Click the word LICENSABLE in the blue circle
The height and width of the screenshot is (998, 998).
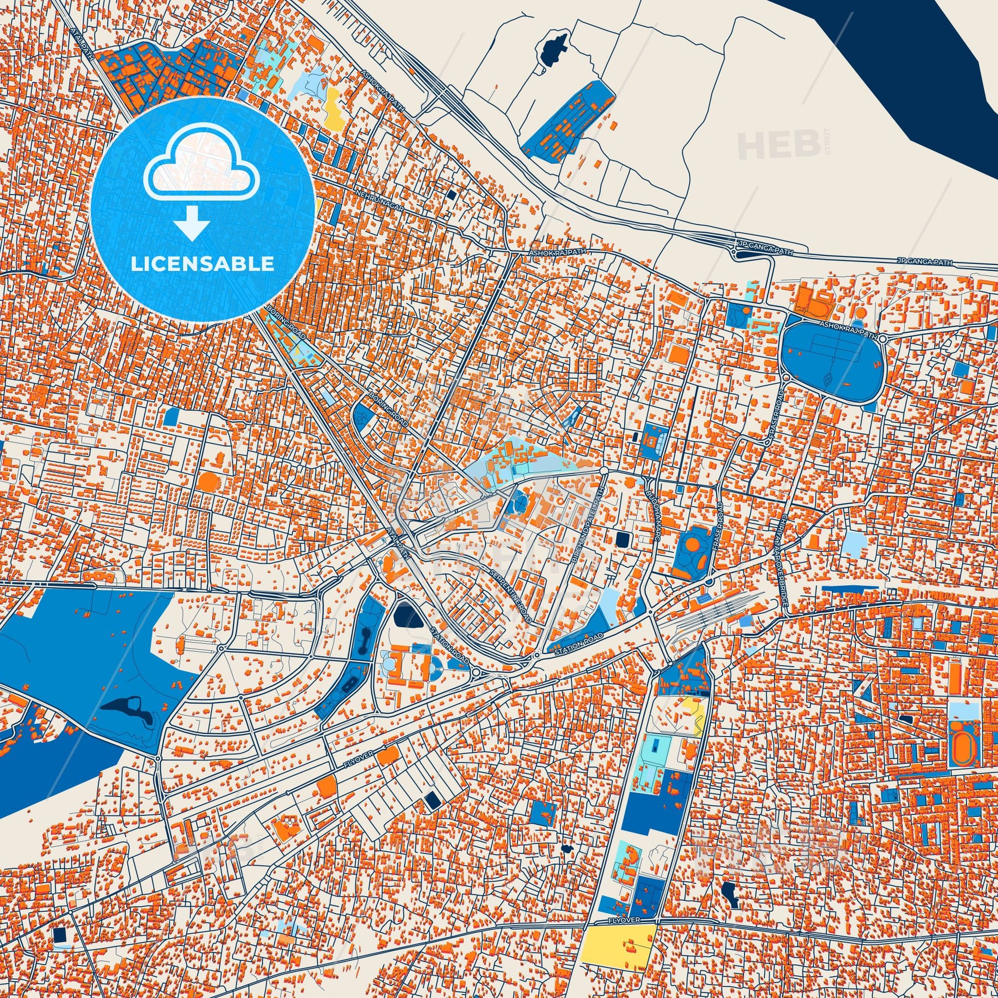203,264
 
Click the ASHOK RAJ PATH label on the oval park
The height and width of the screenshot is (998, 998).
848,330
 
